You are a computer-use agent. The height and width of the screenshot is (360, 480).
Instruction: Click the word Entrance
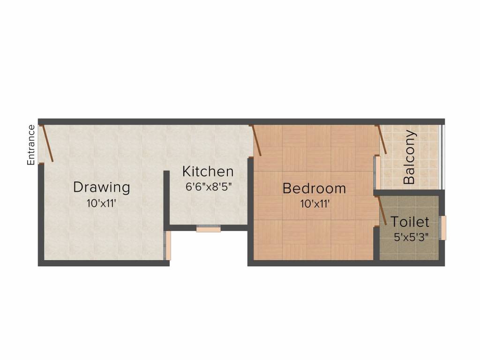(x=31, y=145)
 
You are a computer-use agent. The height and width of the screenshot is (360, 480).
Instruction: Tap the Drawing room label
(x=101, y=187)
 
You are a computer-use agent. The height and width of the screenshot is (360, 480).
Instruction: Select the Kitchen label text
(x=208, y=172)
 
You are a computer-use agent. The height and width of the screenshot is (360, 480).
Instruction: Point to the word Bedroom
(x=314, y=189)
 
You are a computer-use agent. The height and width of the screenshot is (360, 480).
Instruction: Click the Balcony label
(x=409, y=157)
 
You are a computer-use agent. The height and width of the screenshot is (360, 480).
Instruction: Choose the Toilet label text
(x=410, y=221)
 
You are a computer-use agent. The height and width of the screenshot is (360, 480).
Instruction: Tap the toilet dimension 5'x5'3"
(x=411, y=237)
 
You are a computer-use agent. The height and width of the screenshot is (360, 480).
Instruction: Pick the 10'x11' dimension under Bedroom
(x=315, y=204)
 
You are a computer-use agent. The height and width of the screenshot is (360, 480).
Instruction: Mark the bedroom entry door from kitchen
(x=256, y=140)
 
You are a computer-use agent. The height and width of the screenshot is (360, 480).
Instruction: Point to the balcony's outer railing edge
(x=441, y=157)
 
